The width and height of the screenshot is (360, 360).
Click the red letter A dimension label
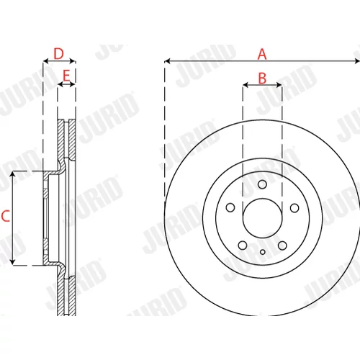[x=262, y=54]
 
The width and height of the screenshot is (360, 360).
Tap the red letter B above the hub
[x=262, y=78]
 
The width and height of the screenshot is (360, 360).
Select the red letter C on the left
[x=6, y=216]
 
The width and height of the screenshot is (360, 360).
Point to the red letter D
[x=59, y=54]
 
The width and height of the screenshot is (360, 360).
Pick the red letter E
[x=66, y=76]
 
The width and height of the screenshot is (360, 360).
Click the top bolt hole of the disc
[x=262, y=184]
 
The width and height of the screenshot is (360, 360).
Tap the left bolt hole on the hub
[x=230, y=207]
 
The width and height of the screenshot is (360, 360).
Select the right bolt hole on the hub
[x=294, y=208]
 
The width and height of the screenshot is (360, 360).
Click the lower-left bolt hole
[x=243, y=246]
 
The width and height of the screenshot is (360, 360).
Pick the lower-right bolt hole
[x=282, y=246]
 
